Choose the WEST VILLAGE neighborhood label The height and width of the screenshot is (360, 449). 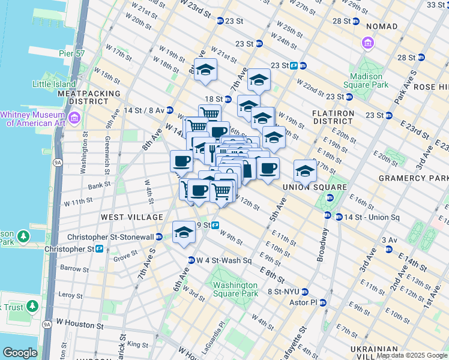pos(124,217)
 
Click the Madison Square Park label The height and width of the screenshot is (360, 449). pos(366,81)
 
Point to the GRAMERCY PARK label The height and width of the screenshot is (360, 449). pos(413,178)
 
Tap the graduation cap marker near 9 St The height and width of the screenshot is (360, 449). pos(183,233)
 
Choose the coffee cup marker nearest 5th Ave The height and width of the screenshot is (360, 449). pos(268,168)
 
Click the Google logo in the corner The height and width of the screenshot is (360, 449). pos(20,353)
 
